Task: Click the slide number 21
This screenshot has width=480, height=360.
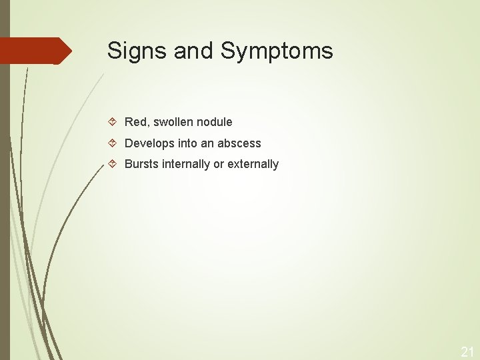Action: click(x=466, y=351)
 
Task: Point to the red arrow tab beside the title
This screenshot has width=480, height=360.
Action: click(x=37, y=51)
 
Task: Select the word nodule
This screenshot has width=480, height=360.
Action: click(x=215, y=122)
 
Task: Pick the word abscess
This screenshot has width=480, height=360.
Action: click(x=239, y=143)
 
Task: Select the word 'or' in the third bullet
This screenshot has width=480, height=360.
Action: click(x=219, y=164)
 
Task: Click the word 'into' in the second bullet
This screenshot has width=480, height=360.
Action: click(x=187, y=143)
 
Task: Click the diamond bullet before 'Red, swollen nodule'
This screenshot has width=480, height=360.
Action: click(x=113, y=122)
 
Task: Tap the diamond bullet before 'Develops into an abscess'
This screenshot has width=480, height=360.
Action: click(x=113, y=143)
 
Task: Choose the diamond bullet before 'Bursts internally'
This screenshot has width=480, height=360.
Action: click(x=113, y=164)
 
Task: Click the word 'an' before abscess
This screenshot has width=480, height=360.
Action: click(x=207, y=143)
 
